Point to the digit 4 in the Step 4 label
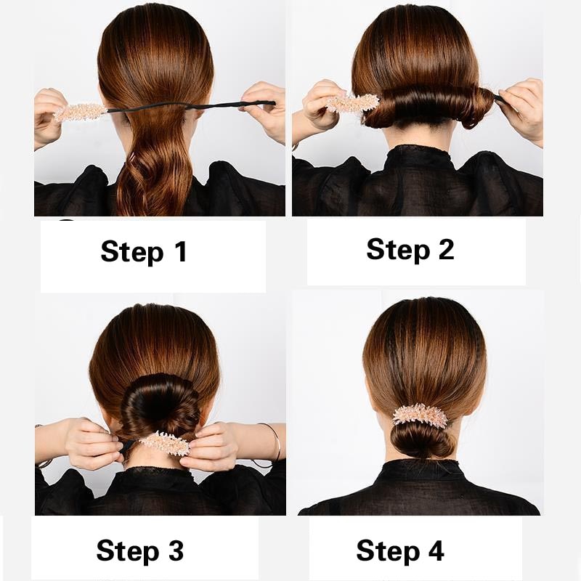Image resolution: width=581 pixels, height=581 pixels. (434, 550)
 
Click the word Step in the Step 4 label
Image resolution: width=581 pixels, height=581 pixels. (388, 550)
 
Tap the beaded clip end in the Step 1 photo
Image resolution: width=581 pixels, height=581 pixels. (80, 112)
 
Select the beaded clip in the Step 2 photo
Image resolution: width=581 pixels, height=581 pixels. (352, 102)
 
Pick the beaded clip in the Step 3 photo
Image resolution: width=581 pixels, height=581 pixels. (164, 442)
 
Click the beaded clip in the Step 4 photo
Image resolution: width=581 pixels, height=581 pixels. (420, 415)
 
